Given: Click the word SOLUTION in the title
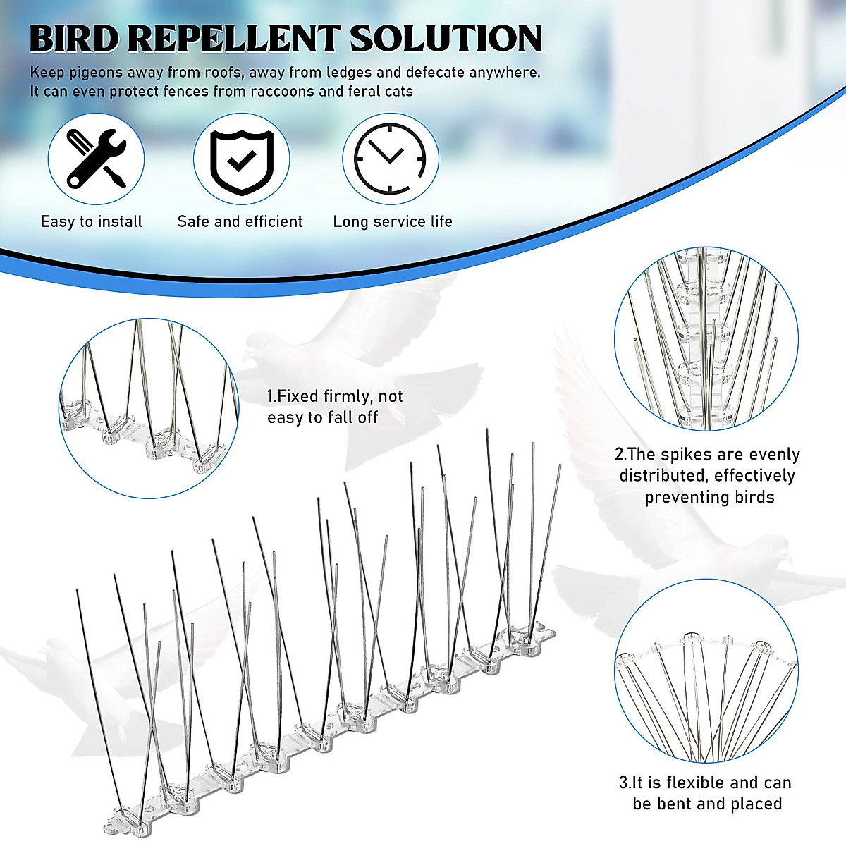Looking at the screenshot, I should [x=446, y=38].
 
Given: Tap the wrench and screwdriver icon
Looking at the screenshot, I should [x=96, y=158].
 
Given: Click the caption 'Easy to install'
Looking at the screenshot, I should [x=92, y=221].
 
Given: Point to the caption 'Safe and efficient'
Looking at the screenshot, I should [x=240, y=221].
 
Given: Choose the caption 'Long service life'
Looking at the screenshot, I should [x=393, y=221].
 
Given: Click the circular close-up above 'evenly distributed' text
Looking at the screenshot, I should [x=706, y=338].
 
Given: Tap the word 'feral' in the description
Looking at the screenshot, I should [x=367, y=92].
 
